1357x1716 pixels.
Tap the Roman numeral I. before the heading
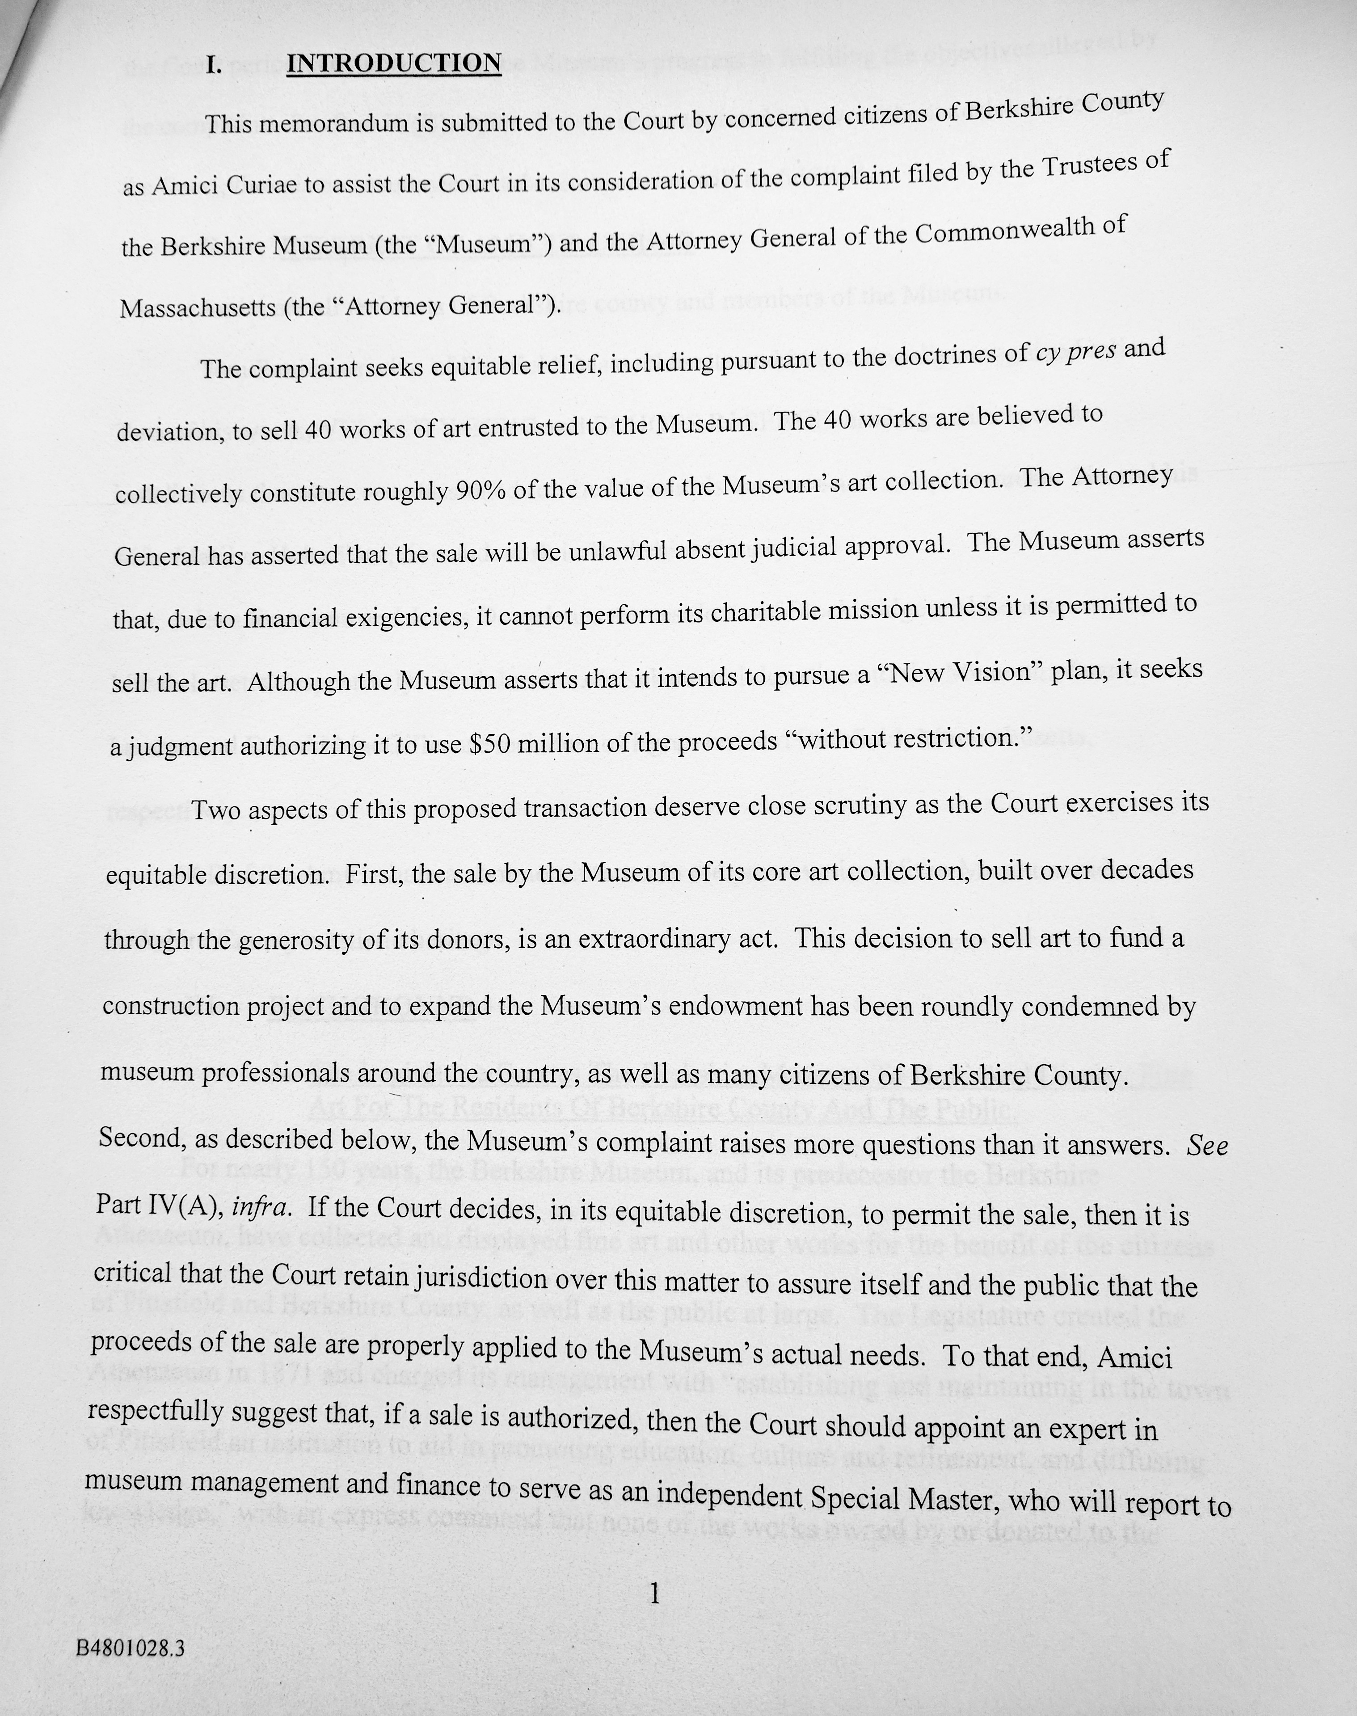tap(213, 65)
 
